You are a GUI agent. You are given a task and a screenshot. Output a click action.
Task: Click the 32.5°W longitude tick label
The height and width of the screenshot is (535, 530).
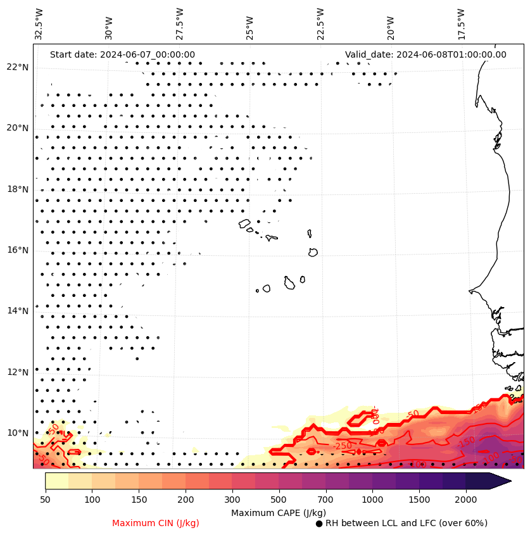point(39,24)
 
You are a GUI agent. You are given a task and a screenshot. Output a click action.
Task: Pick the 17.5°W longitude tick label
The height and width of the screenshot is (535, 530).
point(462,24)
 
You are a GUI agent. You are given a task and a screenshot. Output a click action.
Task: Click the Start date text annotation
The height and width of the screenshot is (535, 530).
point(122,54)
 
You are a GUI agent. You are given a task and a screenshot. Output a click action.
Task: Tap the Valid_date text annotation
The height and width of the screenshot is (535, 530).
point(426,54)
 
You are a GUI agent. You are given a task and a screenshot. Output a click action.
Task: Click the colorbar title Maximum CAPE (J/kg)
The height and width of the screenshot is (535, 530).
point(278,512)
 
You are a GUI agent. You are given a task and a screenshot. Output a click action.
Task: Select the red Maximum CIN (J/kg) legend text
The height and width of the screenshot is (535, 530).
point(156,524)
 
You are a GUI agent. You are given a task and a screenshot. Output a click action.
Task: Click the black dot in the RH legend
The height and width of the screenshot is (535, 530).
point(319,524)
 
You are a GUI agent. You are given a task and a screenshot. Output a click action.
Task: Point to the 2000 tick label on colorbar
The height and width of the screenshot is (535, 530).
point(466,500)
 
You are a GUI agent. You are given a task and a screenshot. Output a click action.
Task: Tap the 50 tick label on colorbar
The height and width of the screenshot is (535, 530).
point(45,500)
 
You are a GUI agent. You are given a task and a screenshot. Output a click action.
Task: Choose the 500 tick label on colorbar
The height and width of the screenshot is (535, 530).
point(279,500)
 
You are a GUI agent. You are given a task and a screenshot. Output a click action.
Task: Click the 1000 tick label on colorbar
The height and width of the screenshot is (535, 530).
point(372,500)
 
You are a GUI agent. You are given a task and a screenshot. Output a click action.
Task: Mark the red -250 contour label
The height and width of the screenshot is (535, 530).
point(343,446)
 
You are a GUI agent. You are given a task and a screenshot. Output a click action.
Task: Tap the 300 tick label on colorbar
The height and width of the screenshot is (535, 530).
point(232,500)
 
